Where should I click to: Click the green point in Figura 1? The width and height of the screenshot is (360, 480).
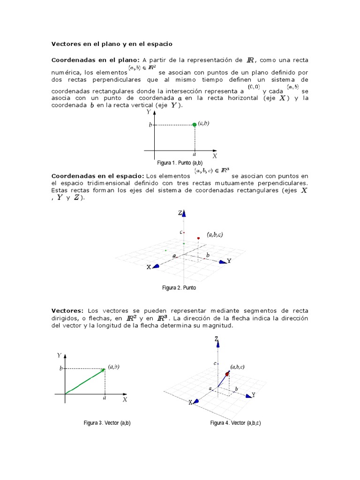pyautogui.click(x=195, y=125)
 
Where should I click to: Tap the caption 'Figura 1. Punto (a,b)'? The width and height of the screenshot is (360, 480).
pyautogui.click(x=180, y=163)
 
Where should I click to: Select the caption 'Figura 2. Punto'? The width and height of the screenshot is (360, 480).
pyautogui.click(x=179, y=288)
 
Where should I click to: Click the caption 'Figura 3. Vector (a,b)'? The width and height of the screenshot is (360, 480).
pyautogui.click(x=107, y=423)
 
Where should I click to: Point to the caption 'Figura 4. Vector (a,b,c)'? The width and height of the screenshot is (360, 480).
pyautogui.click(x=235, y=423)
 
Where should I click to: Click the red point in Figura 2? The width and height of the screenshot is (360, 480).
pyautogui.click(x=199, y=239)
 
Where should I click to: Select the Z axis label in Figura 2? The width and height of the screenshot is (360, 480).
pyautogui.click(x=180, y=213)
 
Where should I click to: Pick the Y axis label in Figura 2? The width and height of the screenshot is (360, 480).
pyautogui.click(x=229, y=261)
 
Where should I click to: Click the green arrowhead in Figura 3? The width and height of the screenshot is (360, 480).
pyautogui.click(x=103, y=370)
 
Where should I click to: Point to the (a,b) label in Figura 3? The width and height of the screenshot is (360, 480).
pyautogui.click(x=113, y=367)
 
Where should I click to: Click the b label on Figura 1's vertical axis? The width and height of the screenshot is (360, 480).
pyautogui.click(x=150, y=125)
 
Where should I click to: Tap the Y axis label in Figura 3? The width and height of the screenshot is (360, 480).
pyautogui.click(x=59, y=355)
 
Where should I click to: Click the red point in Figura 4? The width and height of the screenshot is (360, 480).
pyautogui.click(x=227, y=374)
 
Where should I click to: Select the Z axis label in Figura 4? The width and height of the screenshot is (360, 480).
pyautogui.click(x=216, y=338)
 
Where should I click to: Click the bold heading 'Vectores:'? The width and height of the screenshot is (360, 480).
pyautogui.click(x=67, y=311)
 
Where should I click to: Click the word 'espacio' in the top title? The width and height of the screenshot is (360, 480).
pyautogui.click(x=158, y=44)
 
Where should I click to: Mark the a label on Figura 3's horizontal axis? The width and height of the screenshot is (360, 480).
pyautogui.click(x=105, y=398)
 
